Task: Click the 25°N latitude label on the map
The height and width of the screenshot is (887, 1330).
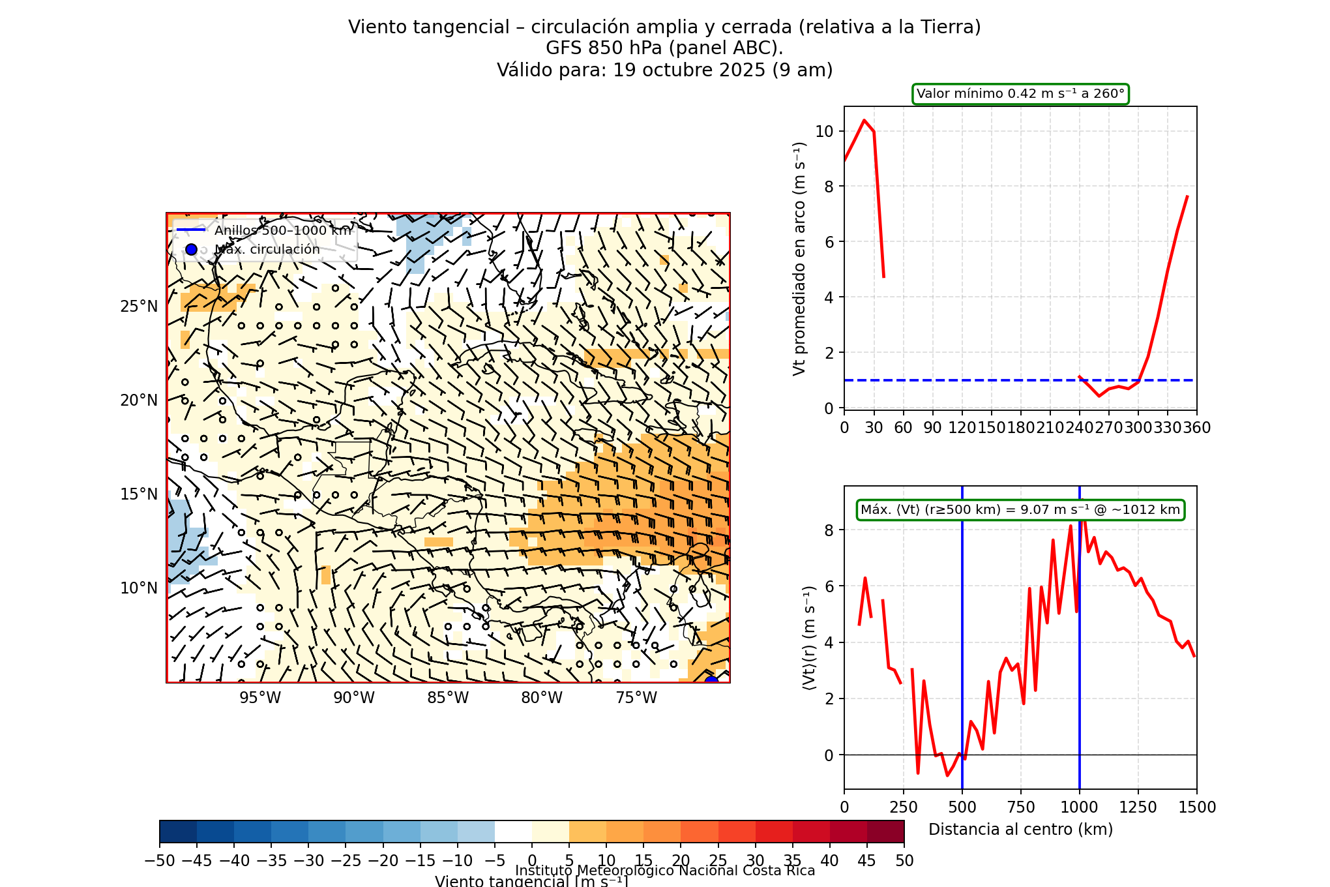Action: pyautogui.click(x=139, y=307)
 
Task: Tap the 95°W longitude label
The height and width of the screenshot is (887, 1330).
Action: pyautogui.click(x=260, y=698)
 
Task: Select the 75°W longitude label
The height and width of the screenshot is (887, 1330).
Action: pyautogui.click(x=636, y=698)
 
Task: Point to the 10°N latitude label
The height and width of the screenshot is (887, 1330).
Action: pyautogui.click(x=139, y=588)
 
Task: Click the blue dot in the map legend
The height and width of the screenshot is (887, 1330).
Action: pyautogui.click(x=191, y=249)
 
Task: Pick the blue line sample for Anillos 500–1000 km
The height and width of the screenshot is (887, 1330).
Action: pyautogui.click(x=191, y=230)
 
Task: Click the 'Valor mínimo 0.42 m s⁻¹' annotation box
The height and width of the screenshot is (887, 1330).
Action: pyautogui.click(x=1020, y=94)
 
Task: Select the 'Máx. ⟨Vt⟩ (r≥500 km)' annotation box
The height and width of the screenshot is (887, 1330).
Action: pyautogui.click(x=1020, y=510)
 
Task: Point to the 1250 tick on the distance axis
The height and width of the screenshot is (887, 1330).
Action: pyautogui.click(x=1138, y=807)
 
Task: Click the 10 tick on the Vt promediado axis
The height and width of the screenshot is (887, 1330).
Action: pyautogui.click(x=824, y=131)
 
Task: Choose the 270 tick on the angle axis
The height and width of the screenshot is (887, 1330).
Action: pyautogui.click(x=1108, y=428)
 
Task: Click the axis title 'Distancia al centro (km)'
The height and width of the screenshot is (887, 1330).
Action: pyautogui.click(x=1020, y=830)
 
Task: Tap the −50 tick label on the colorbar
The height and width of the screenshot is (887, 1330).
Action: pyautogui.click(x=159, y=861)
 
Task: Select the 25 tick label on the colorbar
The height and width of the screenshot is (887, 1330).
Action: pyautogui.click(x=718, y=861)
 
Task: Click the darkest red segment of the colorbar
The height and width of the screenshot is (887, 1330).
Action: pyautogui.click(x=885, y=832)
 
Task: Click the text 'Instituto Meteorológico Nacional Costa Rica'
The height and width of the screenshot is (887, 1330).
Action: pyautogui.click(x=665, y=871)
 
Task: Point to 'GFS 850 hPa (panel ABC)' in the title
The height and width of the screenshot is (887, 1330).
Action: pyautogui.click(x=664, y=48)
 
